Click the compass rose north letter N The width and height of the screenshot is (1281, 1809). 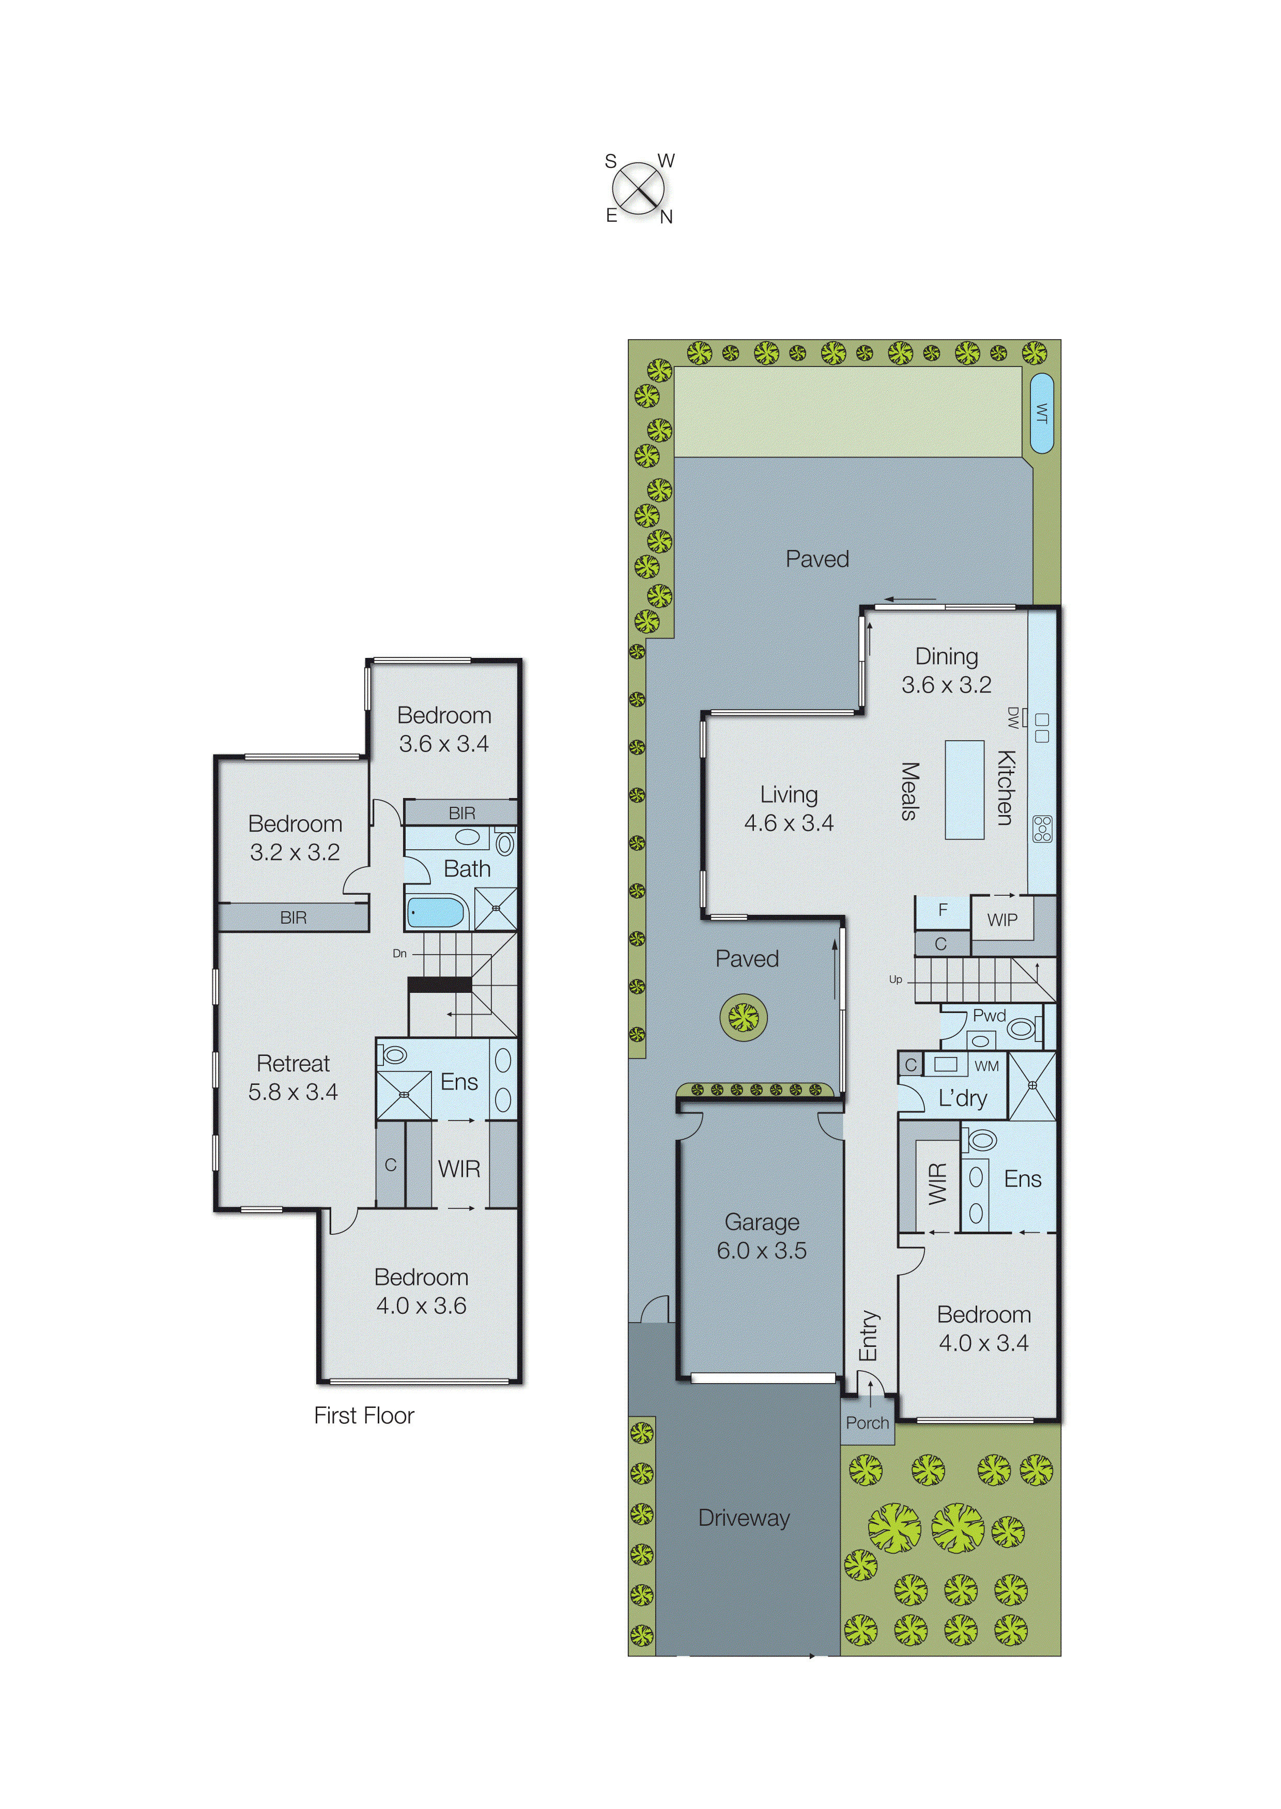[x=667, y=217]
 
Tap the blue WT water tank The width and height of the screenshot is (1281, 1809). [x=1041, y=413]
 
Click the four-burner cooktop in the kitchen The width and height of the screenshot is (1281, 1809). [x=1042, y=829]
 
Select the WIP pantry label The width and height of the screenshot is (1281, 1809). [x=1002, y=920]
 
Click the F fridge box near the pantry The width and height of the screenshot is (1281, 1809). [x=942, y=910]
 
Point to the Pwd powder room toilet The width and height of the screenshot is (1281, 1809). [x=1021, y=1028]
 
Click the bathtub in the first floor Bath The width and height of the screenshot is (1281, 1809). [x=436, y=912]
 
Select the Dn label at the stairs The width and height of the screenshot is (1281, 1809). [x=400, y=953]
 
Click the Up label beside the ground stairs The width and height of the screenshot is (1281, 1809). [x=896, y=979]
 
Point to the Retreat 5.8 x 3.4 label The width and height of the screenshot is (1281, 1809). [x=292, y=1077]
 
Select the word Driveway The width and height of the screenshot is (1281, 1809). [x=744, y=1518]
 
